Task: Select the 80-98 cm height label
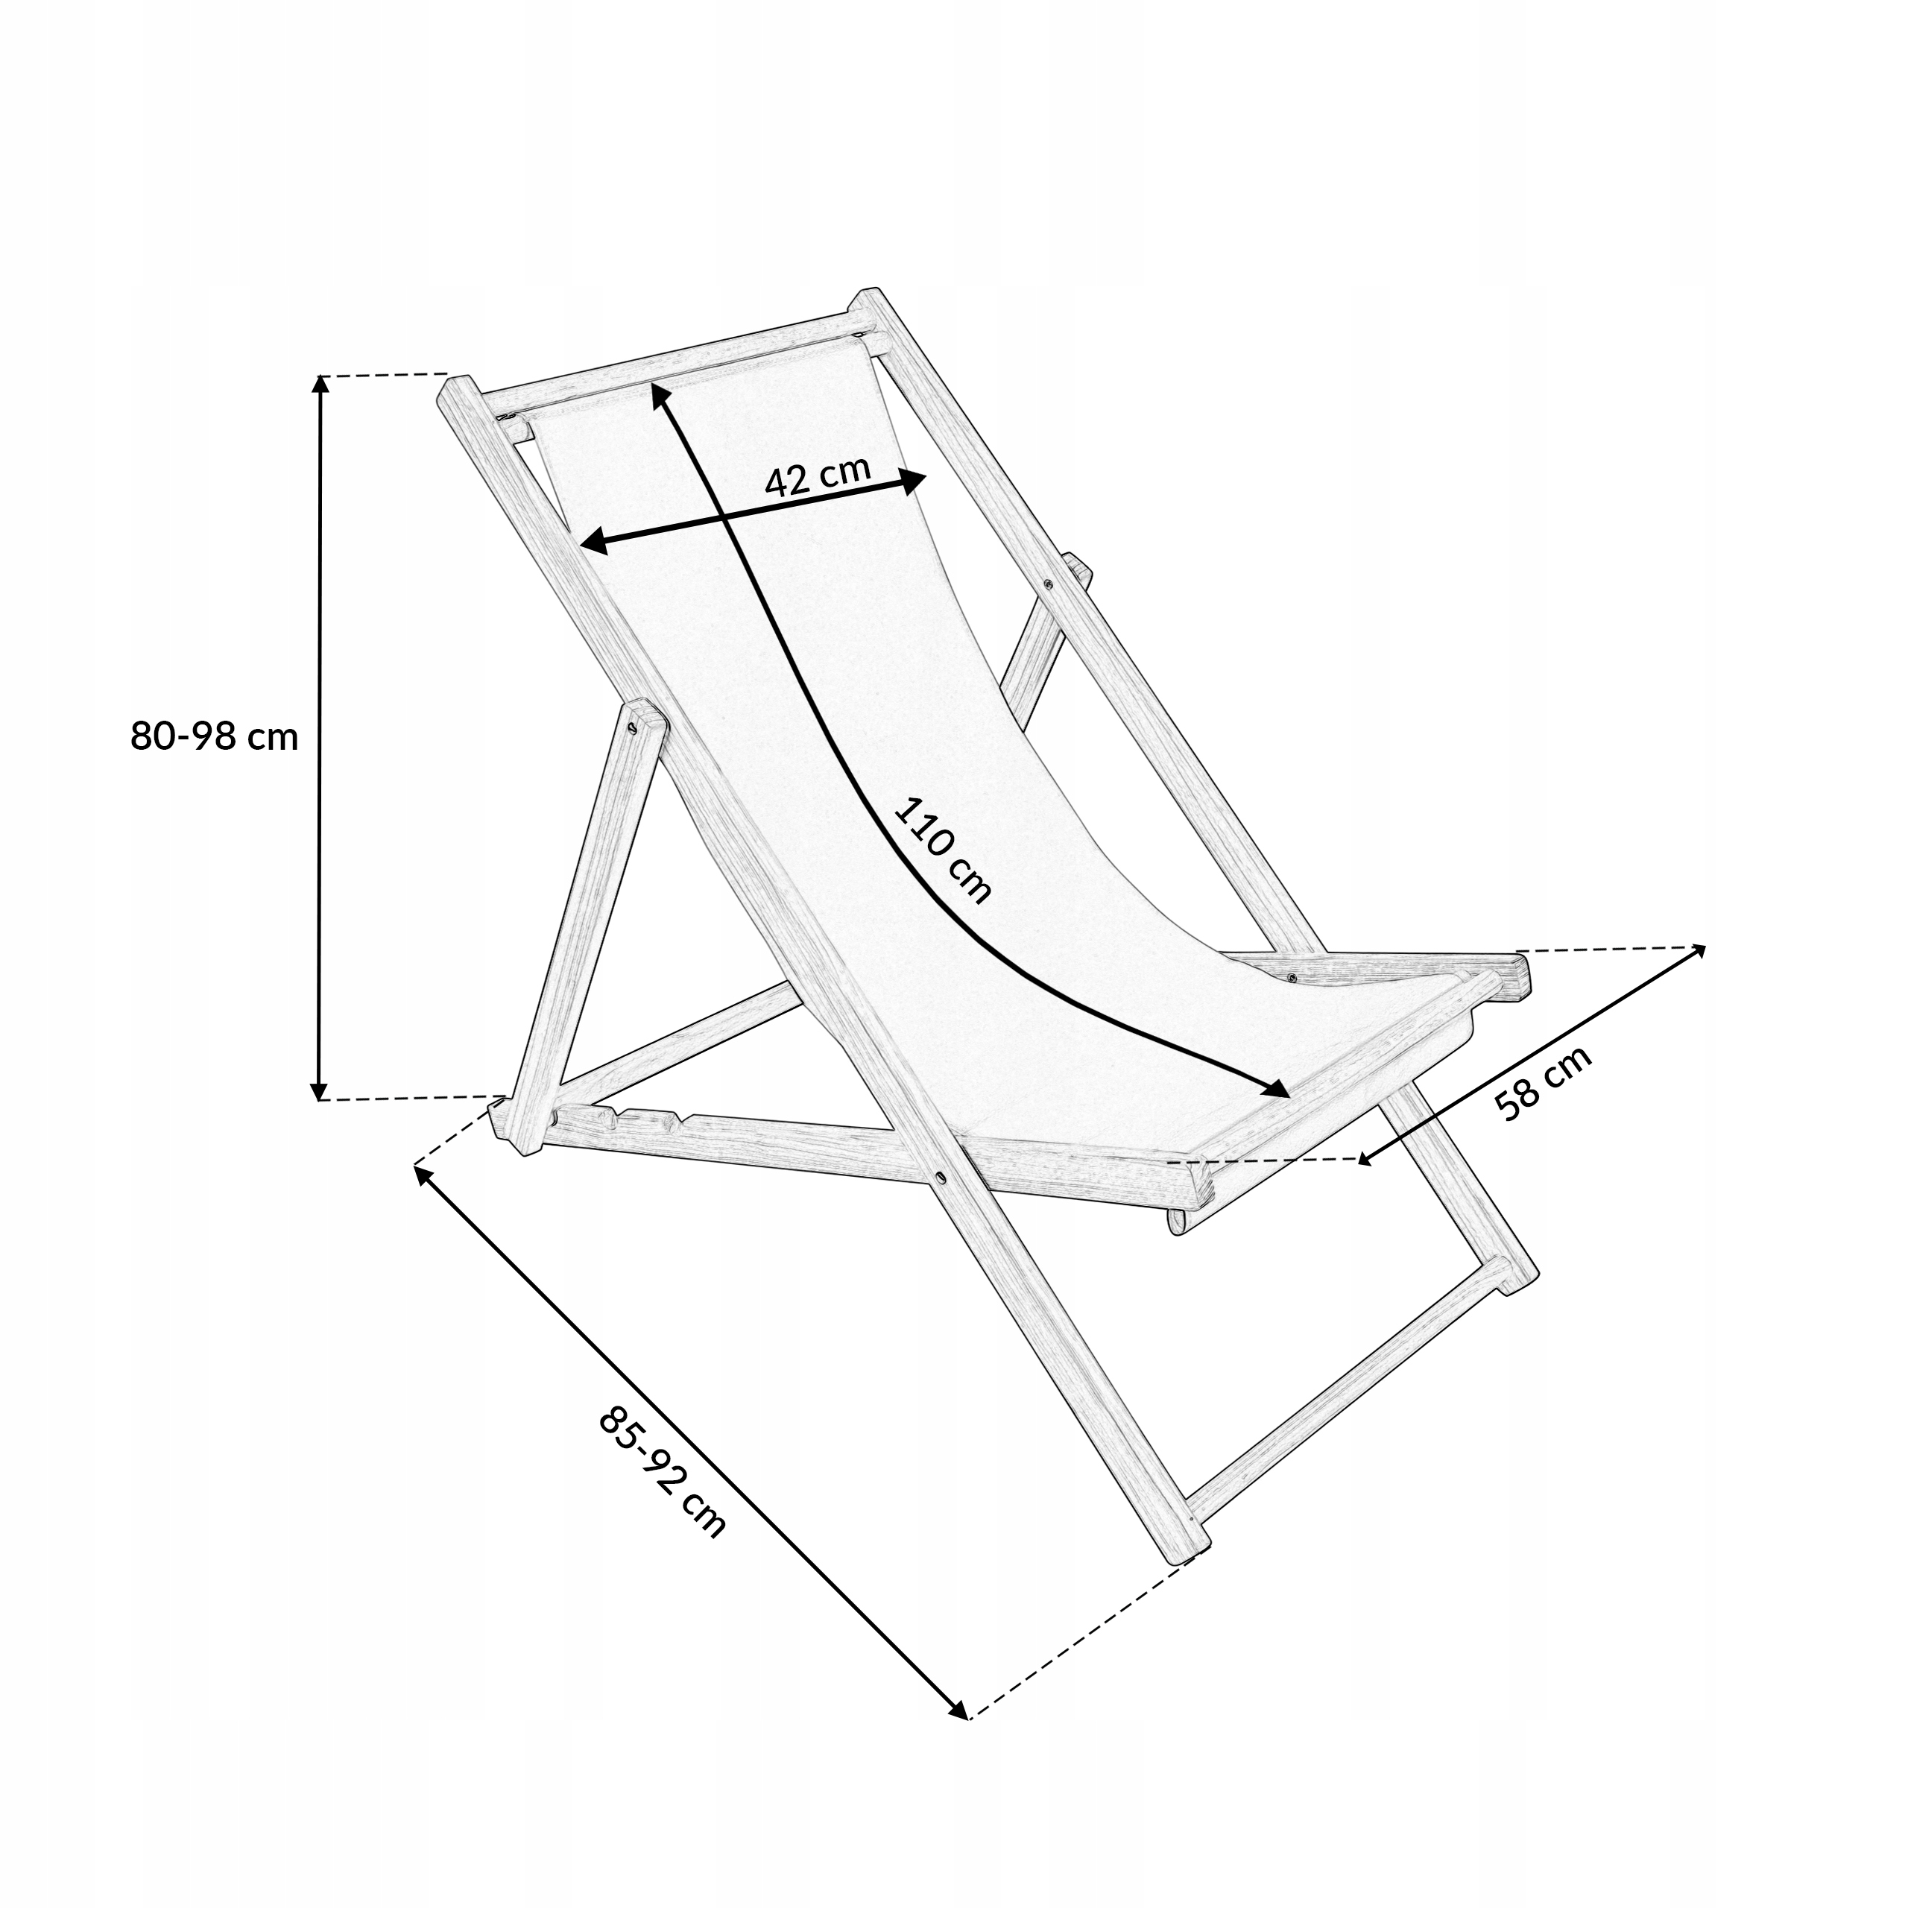215,736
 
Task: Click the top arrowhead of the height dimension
319,384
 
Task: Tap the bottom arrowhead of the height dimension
318,1090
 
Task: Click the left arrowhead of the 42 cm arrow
590,541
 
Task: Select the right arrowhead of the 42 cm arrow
914,481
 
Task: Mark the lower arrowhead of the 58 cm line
1369,1160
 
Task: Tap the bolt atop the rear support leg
632,728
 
